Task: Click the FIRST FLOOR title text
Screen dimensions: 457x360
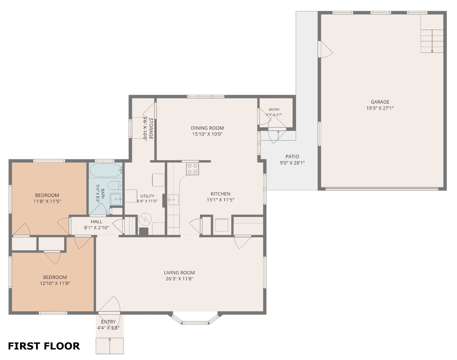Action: click(x=44, y=346)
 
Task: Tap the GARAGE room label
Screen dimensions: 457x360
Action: click(x=380, y=102)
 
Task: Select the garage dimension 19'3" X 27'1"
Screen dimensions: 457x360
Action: click(x=380, y=108)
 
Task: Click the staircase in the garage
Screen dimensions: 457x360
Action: click(x=432, y=41)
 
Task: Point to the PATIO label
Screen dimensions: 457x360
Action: click(x=292, y=157)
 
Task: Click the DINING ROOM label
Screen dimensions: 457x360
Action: click(x=207, y=128)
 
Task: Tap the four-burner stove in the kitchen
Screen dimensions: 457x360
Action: click(x=192, y=169)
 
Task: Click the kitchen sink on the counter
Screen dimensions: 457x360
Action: click(x=174, y=200)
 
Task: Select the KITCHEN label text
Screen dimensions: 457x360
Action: click(x=220, y=194)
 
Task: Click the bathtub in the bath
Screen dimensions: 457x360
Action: click(x=105, y=170)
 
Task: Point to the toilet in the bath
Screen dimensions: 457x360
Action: click(x=115, y=185)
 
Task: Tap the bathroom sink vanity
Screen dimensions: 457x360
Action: click(x=116, y=199)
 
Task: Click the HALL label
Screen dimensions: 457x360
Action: click(x=96, y=222)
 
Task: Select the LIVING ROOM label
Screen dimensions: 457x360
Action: click(x=180, y=272)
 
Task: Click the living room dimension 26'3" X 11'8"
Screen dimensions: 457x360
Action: click(x=180, y=279)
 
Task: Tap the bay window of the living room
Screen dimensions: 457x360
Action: click(x=195, y=319)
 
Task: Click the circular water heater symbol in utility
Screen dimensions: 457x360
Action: click(x=145, y=219)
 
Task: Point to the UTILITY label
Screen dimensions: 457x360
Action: click(x=147, y=196)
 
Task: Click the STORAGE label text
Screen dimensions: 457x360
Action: click(x=151, y=129)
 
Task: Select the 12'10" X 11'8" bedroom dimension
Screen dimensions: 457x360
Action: click(x=55, y=283)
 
